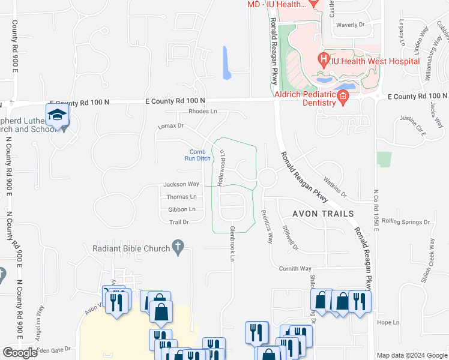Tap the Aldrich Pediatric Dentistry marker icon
(343, 97)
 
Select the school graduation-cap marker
(58, 115)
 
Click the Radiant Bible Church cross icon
(177, 247)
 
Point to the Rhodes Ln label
(202, 112)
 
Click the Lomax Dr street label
(170, 127)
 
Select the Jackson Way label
(181, 184)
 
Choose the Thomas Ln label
(181, 197)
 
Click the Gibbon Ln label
(181, 209)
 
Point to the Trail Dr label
(179, 222)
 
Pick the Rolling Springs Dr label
(406, 221)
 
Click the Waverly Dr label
(351, 25)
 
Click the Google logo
(20, 353)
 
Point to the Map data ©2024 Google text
(411, 355)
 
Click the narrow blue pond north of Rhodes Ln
(226, 63)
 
